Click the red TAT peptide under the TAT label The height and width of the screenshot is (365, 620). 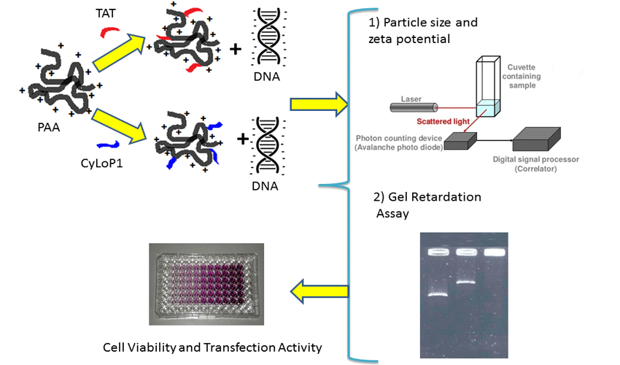coord(108,33)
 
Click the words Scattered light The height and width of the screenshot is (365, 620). coord(442,122)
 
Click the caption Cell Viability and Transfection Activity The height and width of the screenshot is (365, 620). coord(212,347)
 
